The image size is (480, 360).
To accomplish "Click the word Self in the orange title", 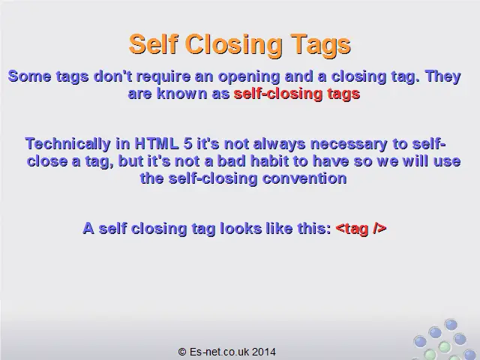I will coord(152,44).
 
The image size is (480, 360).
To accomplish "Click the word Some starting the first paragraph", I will coord(28,76).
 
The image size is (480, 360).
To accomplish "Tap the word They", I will coord(442,76).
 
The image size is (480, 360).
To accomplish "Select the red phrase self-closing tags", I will coord(297,94).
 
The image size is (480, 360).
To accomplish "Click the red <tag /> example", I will coord(361,229).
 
